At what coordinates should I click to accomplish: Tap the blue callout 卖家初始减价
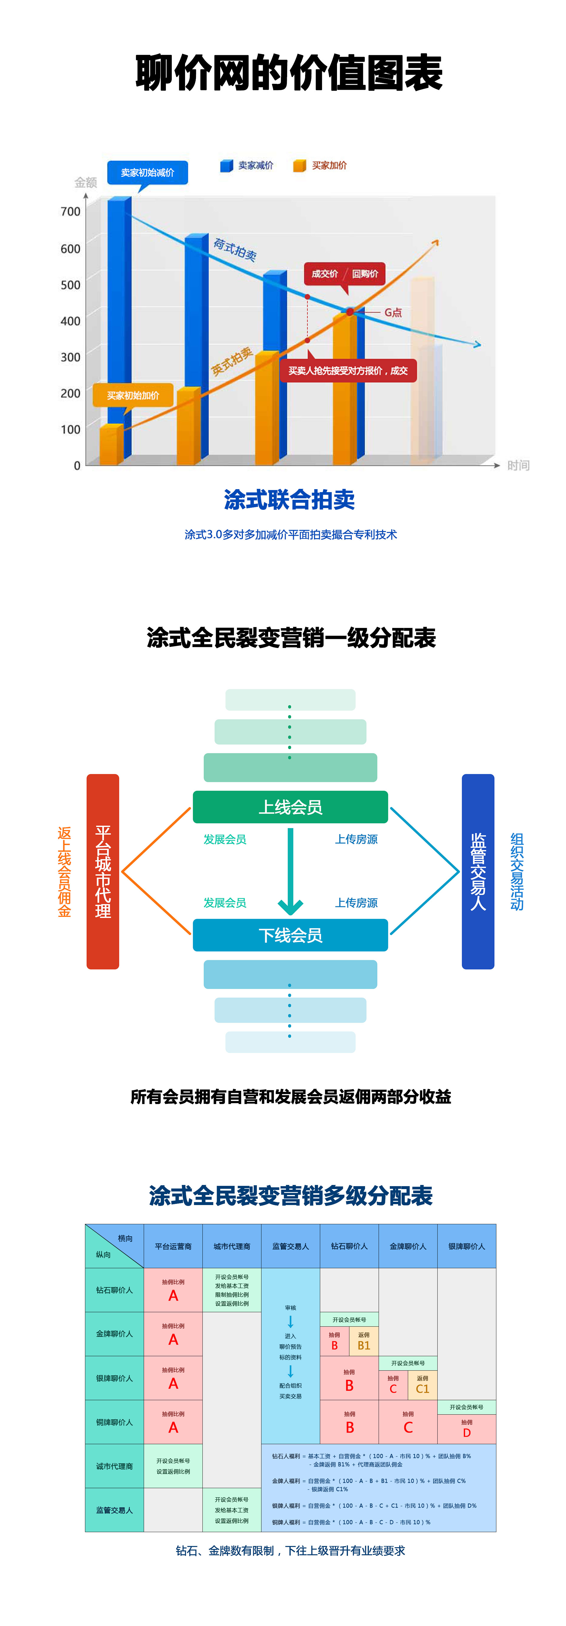pyautogui.click(x=147, y=172)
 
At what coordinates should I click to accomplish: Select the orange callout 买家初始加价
pyautogui.click(x=132, y=395)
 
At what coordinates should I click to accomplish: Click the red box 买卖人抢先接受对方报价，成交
pyautogui.click(x=348, y=370)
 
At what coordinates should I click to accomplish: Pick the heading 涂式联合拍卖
pyautogui.click(x=289, y=499)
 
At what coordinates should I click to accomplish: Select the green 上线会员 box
pyautogui.click(x=290, y=807)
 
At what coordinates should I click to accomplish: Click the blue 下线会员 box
pyautogui.click(x=290, y=935)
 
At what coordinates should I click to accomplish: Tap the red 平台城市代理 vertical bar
pyautogui.click(x=103, y=871)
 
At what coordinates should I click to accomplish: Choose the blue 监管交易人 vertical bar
pyautogui.click(x=478, y=871)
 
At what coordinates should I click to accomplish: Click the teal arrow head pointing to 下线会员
pyautogui.click(x=290, y=907)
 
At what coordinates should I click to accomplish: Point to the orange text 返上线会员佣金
pyautogui.click(x=64, y=871)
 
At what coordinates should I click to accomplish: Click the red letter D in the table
pyautogui.click(x=466, y=1433)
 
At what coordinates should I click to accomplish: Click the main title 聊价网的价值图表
pyautogui.click(x=289, y=73)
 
